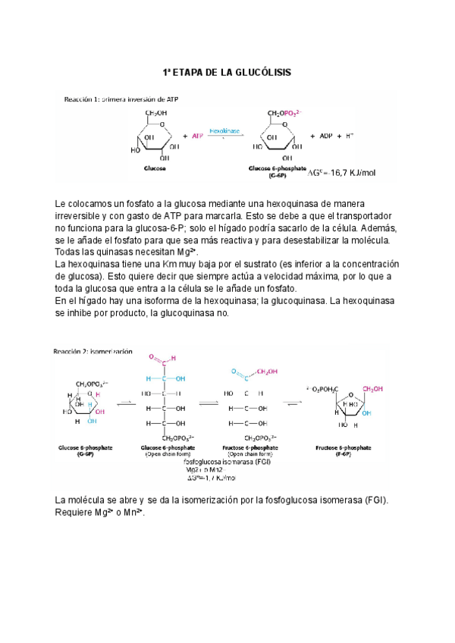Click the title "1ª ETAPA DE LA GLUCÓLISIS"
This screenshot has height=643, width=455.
point(227,72)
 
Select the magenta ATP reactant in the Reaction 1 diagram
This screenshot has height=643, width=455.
point(197,136)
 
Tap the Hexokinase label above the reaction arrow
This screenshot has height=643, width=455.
point(224,130)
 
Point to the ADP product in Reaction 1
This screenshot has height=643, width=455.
point(325,136)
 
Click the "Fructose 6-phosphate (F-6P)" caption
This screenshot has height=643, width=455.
point(339,451)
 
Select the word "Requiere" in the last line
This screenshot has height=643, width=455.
point(76,513)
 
